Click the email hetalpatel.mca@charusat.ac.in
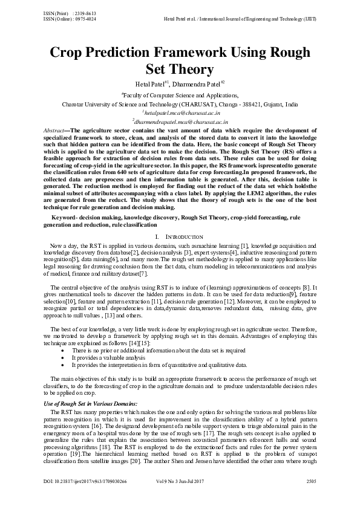(x=180, y=112)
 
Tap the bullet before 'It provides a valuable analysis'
(x=64, y=358)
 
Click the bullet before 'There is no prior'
(x=64, y=351)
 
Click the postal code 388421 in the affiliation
(x=251, y=104)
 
